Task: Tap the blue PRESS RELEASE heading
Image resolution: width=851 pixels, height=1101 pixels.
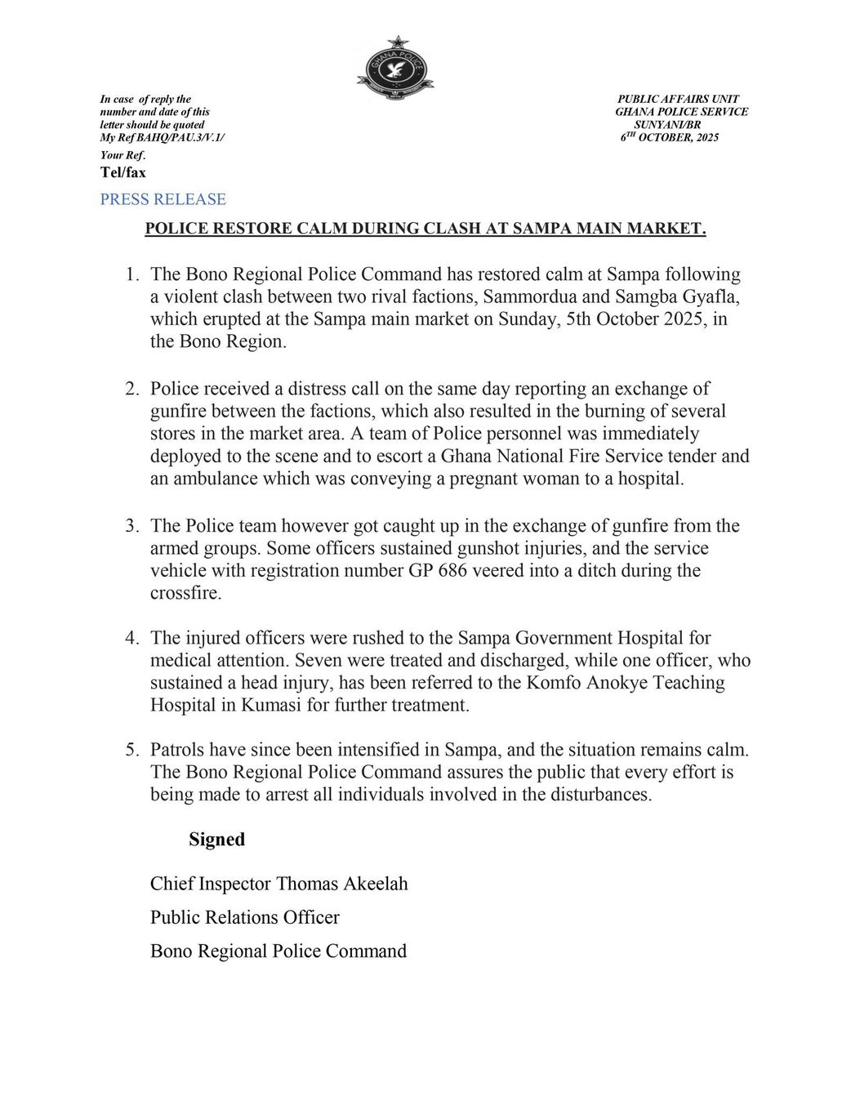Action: point(163,199)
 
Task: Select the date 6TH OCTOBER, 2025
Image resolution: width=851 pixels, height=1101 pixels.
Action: point(670,138)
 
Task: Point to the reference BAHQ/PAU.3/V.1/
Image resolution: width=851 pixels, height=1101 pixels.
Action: point(180,138)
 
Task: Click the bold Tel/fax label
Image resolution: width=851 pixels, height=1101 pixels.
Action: point(123,172)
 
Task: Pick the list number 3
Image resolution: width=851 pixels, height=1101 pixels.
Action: point(131,526)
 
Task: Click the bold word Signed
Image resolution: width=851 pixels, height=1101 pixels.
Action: point(217,839)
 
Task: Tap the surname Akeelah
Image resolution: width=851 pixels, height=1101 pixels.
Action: point(369,883)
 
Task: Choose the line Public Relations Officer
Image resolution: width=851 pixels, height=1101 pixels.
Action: point(244,917)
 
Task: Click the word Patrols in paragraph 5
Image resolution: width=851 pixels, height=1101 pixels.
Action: point(177,749)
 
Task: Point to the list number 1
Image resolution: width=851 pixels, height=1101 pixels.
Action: point(131,274)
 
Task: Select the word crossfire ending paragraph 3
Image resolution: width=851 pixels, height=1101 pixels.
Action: point(185,593)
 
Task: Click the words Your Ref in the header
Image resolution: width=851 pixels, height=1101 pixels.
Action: point(122,155)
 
